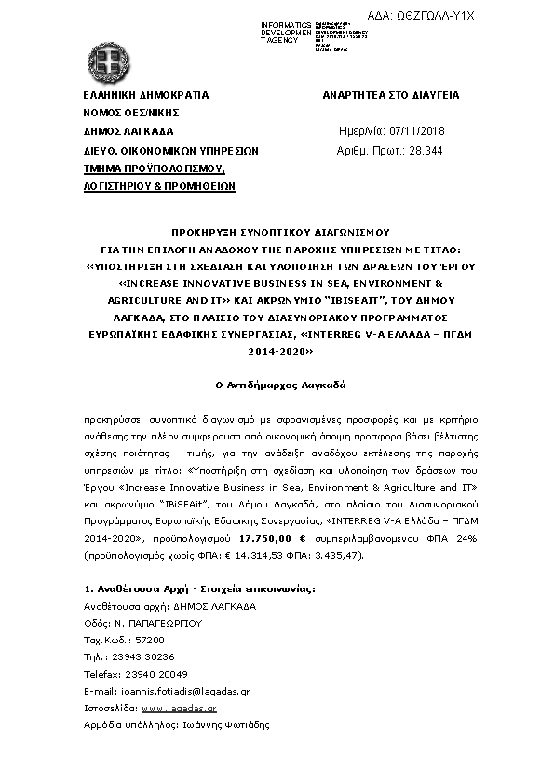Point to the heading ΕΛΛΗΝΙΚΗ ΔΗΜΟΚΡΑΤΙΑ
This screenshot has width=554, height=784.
[145, 95]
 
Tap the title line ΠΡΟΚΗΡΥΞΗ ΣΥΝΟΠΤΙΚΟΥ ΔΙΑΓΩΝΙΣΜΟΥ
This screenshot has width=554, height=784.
[277, 229]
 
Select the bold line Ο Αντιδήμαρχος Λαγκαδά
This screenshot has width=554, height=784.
[277, 384]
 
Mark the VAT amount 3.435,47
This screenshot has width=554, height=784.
[330, 556]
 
